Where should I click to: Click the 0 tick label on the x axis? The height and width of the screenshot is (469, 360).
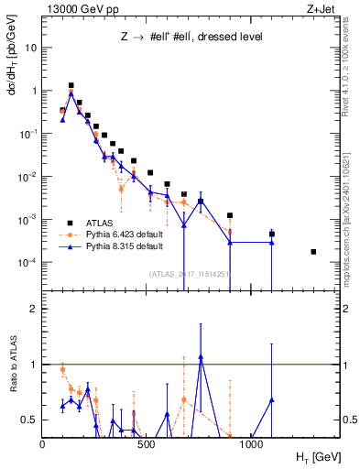click(x=42, y=442)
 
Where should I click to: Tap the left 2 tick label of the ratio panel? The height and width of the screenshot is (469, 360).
click(x=34, y=309)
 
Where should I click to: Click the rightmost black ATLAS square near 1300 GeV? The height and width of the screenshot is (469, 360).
click(x=314, y=252)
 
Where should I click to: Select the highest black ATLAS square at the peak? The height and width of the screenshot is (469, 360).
click(x=71, y=85)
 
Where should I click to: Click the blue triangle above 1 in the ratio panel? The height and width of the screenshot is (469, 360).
click(x=201, y=356)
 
